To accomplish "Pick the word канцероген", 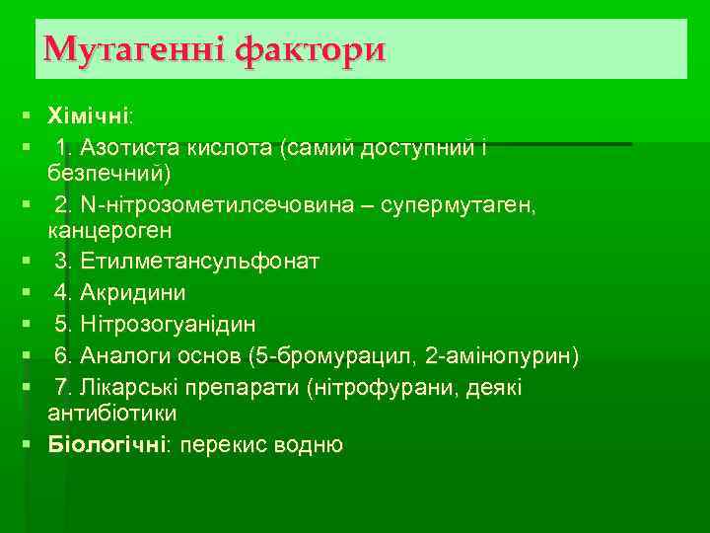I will (109, 231).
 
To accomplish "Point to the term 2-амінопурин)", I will (510, 355).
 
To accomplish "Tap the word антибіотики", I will (111, 413).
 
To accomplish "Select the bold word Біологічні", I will (106, 444).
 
